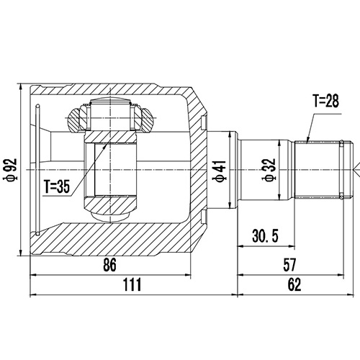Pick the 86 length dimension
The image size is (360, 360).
point(109,264)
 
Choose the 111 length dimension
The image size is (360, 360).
point(131,284)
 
